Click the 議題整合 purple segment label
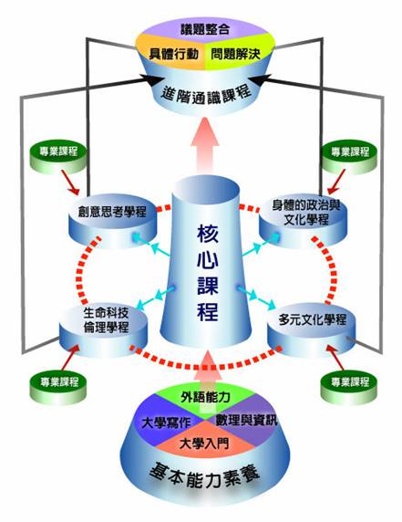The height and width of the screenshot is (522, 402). (x=205, y=29)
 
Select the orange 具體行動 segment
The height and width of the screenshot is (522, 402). (x=173, y=54)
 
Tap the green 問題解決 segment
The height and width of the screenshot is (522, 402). (x=237, y=54)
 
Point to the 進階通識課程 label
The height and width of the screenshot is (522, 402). (x=206, y=95)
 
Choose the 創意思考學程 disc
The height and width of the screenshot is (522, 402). (x=112, y=222)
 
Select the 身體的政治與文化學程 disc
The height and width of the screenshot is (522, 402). (x=304, y=222)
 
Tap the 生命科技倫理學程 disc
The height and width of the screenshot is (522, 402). (x=103, y=329)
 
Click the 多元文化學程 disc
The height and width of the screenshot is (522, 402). (x=312, y=329)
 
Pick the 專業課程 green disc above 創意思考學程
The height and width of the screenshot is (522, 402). (x=58, y=158)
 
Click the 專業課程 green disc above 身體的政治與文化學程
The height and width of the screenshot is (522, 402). (x=350, y=158)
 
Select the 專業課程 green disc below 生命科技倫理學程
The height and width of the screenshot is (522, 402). (x=58, y=388)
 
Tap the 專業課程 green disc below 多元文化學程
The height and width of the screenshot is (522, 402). (x=349, y=388)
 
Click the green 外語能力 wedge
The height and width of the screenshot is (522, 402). (x=205, y=397)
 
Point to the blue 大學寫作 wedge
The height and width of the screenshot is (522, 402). (x=166, y=423)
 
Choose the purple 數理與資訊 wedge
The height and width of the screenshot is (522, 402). (x=246, y=420)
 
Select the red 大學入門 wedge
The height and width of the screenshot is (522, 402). (x=204, y=443)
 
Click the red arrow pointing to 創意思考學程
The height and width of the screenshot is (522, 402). (x=70, y=183)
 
